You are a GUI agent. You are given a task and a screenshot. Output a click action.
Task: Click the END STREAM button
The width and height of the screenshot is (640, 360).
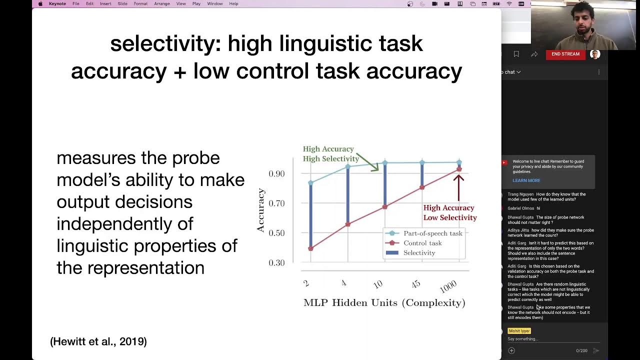[565, 54]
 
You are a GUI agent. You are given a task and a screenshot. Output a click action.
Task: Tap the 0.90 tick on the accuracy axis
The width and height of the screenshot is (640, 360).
[276, 173]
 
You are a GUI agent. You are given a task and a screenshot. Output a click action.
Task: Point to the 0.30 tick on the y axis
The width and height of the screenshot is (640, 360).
[276, 262]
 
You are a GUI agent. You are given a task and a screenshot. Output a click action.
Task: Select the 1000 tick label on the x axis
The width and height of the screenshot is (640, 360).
[448, 286]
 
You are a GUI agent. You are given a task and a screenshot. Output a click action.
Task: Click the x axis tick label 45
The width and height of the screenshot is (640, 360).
[415, 284]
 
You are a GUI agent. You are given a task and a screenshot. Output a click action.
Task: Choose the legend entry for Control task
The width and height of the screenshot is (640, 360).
[422, 243]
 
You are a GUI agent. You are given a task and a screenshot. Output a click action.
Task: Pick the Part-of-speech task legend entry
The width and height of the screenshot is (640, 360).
[432, 233]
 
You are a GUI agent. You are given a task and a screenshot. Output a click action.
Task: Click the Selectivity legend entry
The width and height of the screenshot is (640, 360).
[419, 253]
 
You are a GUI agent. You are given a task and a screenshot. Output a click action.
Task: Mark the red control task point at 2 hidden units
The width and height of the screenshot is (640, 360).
[310, 248]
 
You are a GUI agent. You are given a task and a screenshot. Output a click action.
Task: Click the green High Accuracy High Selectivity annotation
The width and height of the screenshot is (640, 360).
[330, 153]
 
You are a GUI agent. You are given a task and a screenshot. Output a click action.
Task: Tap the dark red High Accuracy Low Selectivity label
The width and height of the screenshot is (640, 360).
[449, 212]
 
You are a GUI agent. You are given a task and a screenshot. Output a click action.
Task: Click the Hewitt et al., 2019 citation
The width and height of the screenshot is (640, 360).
[98, 341]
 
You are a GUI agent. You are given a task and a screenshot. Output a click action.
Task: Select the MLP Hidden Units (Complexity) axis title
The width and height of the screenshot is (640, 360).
[384, 302]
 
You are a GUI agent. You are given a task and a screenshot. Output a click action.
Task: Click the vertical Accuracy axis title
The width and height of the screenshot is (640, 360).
[261, 210]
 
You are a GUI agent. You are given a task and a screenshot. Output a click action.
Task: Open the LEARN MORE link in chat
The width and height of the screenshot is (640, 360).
[526, 180]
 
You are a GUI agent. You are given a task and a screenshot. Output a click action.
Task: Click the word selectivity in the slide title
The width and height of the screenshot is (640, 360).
[165, 44]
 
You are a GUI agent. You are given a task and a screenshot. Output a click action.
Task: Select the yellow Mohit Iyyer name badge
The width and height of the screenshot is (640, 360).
[519, 331]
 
